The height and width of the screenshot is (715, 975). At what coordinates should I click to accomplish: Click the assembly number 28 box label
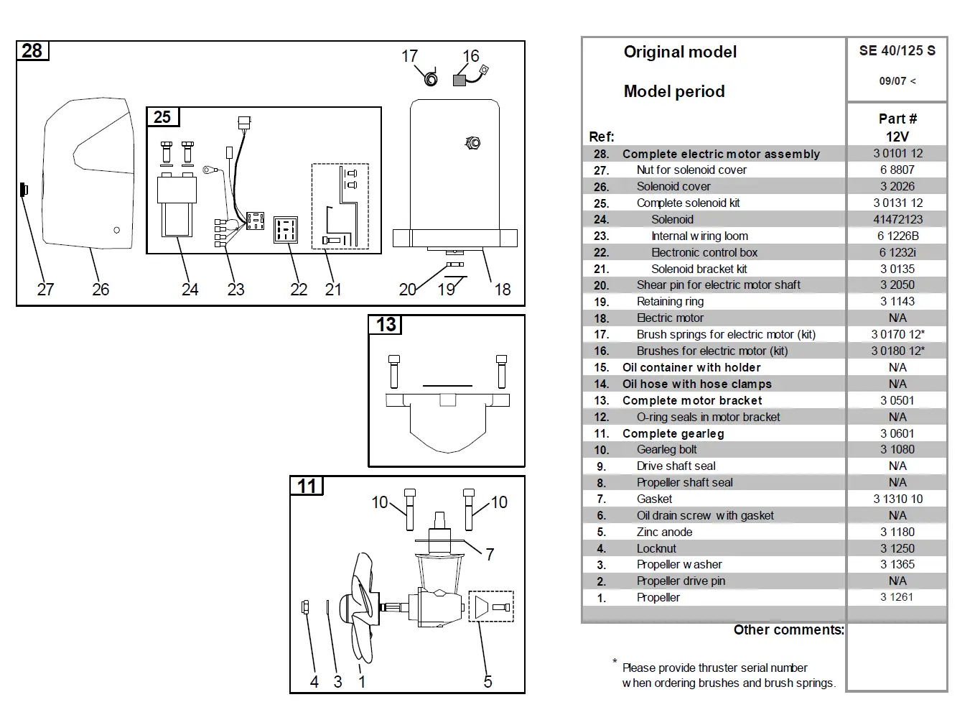point(32,51)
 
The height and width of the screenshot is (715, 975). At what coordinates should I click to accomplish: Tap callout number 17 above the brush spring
point(409,56)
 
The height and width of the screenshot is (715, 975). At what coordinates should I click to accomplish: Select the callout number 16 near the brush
point(470,56)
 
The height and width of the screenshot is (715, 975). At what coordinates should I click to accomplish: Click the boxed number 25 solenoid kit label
point(162,117)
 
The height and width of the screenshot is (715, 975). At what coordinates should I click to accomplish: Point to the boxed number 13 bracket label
point(386,325)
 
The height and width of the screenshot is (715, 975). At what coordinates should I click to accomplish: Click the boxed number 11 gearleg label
point(307,486)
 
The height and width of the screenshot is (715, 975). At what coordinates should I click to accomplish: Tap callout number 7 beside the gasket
point(490,554)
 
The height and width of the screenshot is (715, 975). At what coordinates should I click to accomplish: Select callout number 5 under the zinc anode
point(487,681)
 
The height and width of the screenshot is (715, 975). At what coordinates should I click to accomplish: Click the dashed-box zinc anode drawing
point(490,607)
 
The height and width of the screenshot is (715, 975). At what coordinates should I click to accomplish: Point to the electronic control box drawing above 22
point(286,230)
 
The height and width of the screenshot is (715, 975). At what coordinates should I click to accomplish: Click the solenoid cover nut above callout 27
point(23,190)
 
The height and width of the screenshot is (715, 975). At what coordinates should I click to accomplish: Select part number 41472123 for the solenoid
point(897,219)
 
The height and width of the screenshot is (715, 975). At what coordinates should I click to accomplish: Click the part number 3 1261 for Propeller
point(897,596)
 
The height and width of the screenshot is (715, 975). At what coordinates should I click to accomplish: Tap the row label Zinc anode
point(664,532)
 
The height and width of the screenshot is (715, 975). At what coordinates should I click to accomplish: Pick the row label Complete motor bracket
point(692,400)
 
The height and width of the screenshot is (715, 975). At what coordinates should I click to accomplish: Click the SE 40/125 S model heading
point(897,50)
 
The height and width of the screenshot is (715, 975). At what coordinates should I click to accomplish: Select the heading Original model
point(680,52)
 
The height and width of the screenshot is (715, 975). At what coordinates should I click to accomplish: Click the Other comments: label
point(788,629)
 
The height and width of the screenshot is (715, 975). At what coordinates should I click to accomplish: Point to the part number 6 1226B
point(897,236)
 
